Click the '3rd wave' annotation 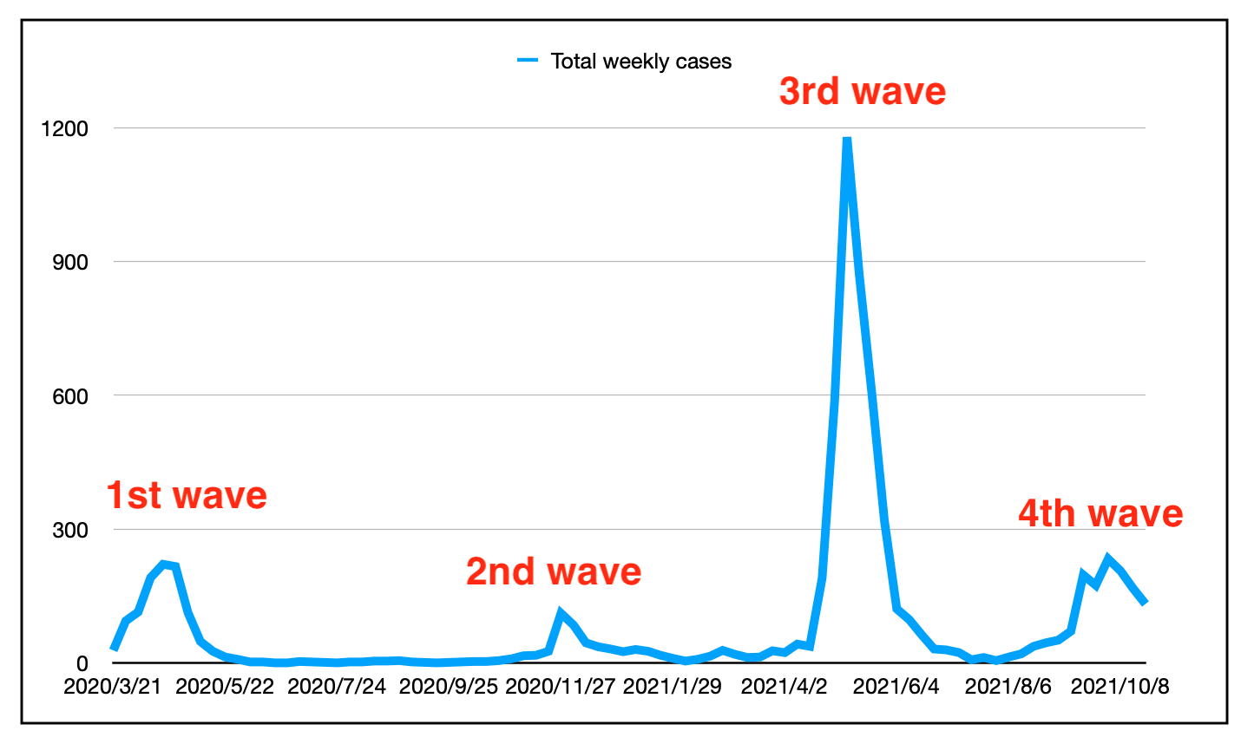click(862, 91)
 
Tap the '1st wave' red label click(187, 495)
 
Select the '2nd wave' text click(554, 571)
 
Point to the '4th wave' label click(1100, 513)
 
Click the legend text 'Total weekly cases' click(640, 62)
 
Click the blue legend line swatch click(529, 61)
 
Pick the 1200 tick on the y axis click(64, 128)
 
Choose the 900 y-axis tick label click(70, 262)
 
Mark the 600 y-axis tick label click(70, 396)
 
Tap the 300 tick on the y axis click(70, 530)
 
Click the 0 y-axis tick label click(82, 664)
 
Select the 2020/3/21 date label click(114, 687)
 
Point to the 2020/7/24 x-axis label click(337, 687)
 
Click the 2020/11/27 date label click(561, 687)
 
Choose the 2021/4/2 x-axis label click(784, 687)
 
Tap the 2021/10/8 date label click(1120, 687)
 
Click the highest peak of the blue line click(846, 140)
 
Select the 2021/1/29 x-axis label click(673, 687)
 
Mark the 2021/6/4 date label click(896, 687)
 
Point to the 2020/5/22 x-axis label click(225, 687)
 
